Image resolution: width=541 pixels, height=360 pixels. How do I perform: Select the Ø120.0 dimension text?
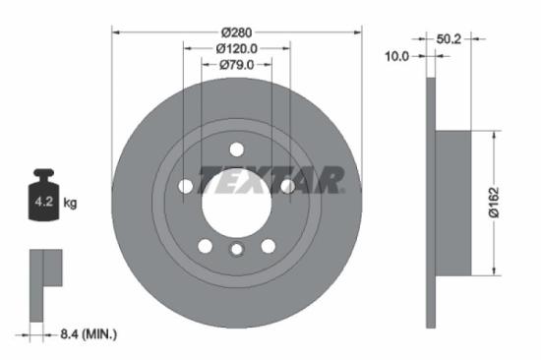[x=237, y=46]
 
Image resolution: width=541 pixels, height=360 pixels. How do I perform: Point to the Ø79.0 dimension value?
[x=236, y=65]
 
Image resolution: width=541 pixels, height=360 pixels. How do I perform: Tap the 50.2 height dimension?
[x=450, y=39]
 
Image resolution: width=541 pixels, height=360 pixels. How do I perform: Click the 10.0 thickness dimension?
[x=395, y=57]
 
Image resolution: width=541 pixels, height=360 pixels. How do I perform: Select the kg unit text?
[x=71, y=204]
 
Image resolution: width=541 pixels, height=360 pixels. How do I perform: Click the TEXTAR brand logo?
[x=271, y=180]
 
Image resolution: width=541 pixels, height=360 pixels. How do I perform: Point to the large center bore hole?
[x=236, y=202]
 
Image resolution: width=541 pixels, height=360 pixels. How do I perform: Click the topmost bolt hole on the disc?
[x=236, y=149]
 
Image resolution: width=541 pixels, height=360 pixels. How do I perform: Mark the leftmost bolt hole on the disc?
[x=185, y=186]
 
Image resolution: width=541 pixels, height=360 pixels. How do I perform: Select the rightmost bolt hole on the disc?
[x=287, y=186]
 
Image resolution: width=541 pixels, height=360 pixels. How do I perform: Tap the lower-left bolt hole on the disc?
[x=205, y=246]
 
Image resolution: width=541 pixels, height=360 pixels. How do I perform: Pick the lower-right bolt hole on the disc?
[x=268, y=246]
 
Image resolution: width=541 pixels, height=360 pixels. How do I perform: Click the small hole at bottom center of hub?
[x=236, y=250]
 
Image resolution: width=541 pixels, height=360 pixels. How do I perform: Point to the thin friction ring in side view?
[x=429, y=203]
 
